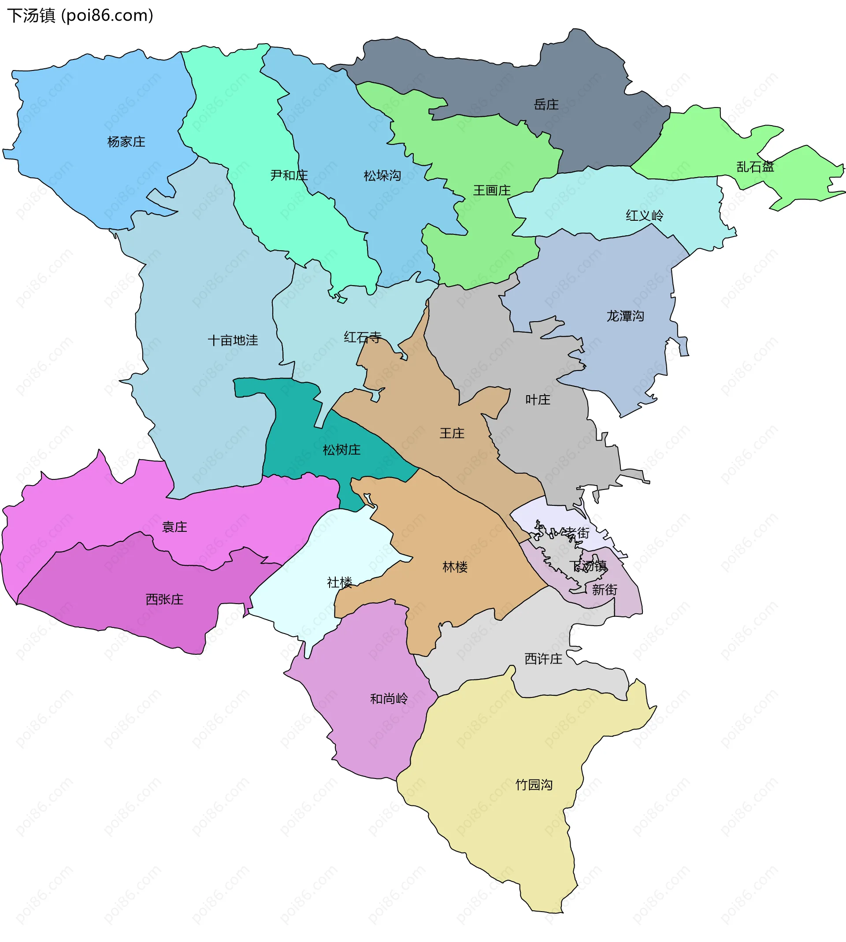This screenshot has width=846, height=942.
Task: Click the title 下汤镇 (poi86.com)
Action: point(80,16)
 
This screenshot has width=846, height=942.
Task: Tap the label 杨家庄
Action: point(126,142)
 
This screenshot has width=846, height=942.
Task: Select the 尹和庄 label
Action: point(289,175)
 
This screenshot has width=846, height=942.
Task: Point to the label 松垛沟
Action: point(382,176)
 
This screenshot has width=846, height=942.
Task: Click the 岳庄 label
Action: point(546,104)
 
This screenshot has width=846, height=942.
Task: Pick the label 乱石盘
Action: point(755,167)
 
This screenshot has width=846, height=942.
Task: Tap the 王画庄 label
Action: point(492,190)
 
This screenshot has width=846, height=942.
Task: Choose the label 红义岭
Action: point(644,215)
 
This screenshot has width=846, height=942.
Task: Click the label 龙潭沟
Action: point(625,316)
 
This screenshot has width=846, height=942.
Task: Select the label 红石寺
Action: point(363,337)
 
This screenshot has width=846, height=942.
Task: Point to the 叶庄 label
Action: point(538,399)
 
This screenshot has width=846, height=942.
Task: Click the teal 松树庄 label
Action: point(341,449)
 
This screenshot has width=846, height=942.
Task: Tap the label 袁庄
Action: point(174,527)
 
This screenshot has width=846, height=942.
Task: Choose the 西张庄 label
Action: point(164,599)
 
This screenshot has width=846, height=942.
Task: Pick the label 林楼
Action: point(455,567)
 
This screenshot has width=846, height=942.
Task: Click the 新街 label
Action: point(604,590)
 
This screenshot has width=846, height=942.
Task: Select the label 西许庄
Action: point(543,659)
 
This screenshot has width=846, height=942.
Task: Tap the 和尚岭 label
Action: point(389,698)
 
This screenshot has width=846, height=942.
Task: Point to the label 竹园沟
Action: point(534,784)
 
